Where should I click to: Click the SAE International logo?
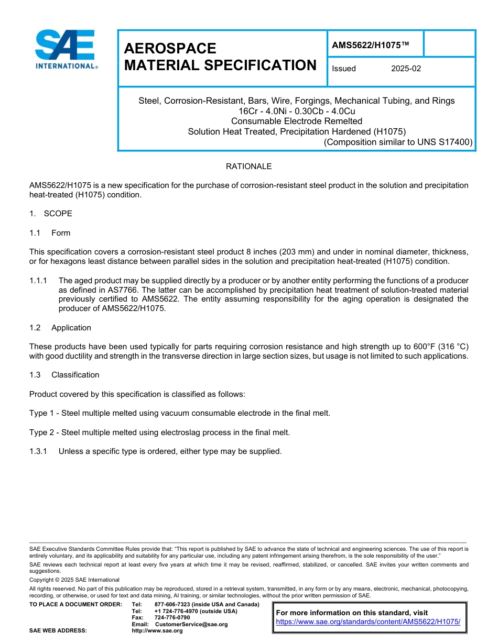point(65,49)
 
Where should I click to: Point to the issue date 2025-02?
point(406,69)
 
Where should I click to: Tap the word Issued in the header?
point(344,69)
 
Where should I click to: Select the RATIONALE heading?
point(248,166)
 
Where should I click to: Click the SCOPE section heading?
point(58,214)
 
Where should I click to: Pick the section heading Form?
point(61,233)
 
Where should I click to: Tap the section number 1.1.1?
point(38,281)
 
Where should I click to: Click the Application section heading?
point(71,328)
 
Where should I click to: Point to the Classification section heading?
point(75,375)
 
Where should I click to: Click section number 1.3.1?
point(38,451)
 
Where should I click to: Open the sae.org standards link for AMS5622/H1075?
point(368,621)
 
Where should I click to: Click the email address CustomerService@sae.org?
point(191,624)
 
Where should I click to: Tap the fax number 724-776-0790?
point(172,618)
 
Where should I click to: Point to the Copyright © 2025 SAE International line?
point(74,580)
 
